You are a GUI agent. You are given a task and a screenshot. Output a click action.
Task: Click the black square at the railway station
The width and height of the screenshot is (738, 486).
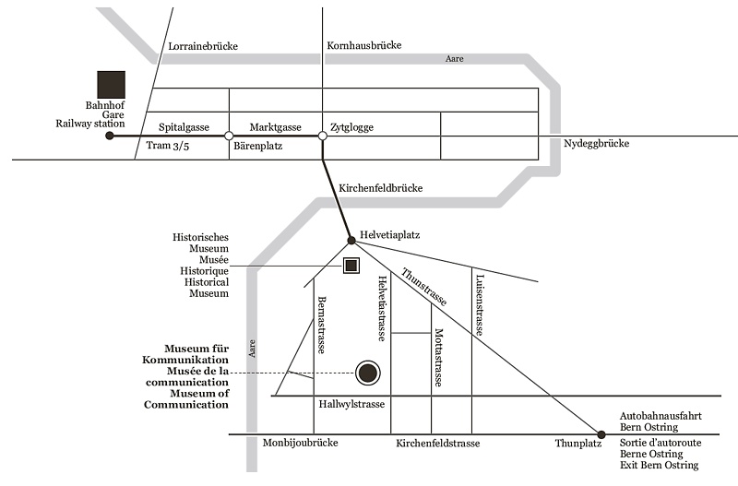[112, 84]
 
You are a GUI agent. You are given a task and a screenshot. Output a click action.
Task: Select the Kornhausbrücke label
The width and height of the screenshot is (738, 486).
[364, 45]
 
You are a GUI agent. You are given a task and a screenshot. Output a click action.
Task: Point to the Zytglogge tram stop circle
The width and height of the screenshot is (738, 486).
[322, 136]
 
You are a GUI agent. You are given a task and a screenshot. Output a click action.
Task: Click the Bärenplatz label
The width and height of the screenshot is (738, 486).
[257, 146]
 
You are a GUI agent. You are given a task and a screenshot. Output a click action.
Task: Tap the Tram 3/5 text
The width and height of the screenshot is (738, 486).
[172, 146]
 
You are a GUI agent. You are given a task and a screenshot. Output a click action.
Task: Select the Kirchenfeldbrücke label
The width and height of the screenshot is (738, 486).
[380, 188]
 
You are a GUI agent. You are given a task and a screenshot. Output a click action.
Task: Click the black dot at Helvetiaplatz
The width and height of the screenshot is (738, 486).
[351, 241]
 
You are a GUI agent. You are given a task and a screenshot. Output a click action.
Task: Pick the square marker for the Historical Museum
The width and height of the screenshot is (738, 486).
[351, 267]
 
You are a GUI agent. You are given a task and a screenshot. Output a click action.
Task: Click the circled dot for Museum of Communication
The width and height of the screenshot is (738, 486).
[368, 373]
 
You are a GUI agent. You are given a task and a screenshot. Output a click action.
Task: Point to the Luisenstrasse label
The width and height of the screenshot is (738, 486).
[480, 305]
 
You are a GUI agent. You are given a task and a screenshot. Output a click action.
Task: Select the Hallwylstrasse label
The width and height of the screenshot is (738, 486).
[351, 404]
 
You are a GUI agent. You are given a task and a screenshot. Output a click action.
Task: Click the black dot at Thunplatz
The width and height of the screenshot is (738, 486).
[601, 434]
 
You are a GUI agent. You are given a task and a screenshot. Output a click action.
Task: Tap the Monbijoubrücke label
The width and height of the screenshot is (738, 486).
[300, 444]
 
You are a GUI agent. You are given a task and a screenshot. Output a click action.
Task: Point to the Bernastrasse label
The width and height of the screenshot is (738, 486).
[322, 326]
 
